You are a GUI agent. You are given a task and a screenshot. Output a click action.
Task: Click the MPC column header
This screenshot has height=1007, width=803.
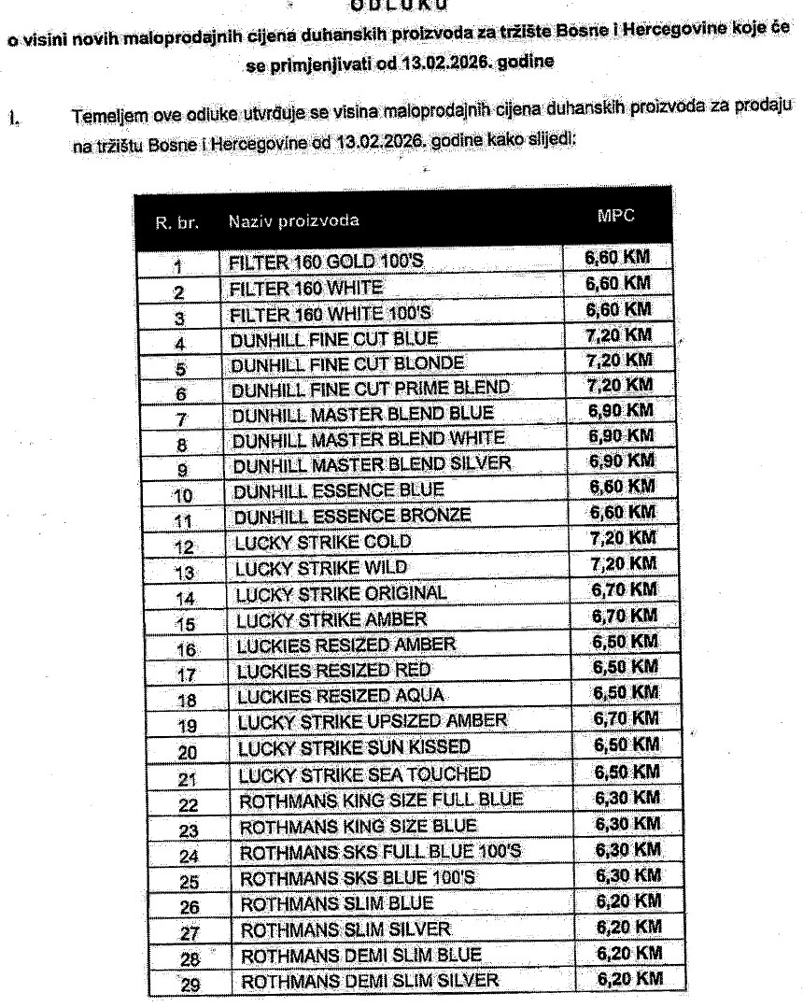click(x=614, y=216)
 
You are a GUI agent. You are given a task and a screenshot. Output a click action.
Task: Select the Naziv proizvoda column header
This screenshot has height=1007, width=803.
click(x=291, y=222)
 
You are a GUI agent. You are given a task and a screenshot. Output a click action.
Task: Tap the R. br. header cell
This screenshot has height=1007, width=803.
click(x=176, y=222)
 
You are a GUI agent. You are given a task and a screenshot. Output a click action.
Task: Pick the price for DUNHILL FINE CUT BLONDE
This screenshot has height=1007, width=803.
click(x=617, y=359)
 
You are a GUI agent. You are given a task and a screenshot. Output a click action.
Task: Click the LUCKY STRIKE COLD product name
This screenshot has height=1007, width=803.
click(x=323, y=541)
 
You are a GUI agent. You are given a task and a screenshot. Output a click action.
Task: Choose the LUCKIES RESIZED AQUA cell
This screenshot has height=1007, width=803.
click(x=341, y=695)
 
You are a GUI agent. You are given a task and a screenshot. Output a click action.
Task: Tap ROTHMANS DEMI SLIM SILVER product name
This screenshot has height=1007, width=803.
click(x=371, y=980)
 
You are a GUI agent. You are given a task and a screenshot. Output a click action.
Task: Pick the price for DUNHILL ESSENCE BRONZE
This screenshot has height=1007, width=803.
click(x=620, y=512)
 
